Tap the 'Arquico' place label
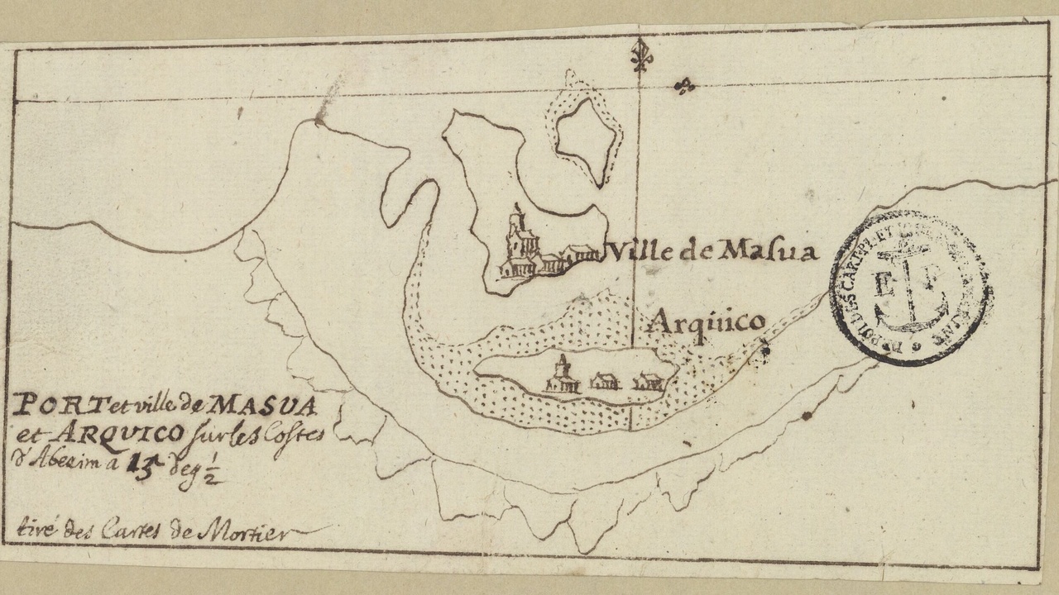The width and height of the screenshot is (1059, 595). [x=707, y=323]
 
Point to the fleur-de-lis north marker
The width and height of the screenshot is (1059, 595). [x=639, y=56]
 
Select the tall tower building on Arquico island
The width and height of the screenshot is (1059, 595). [x=563, y=374]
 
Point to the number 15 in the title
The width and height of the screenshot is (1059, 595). [x=138, y=464]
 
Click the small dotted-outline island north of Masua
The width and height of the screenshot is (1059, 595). [x=587, y=133]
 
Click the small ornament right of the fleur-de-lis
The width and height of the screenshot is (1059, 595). [x=684, y=85]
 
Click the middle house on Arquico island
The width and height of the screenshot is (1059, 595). [x=605, y=381]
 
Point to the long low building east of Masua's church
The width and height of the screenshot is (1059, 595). [x=578, y=254]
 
